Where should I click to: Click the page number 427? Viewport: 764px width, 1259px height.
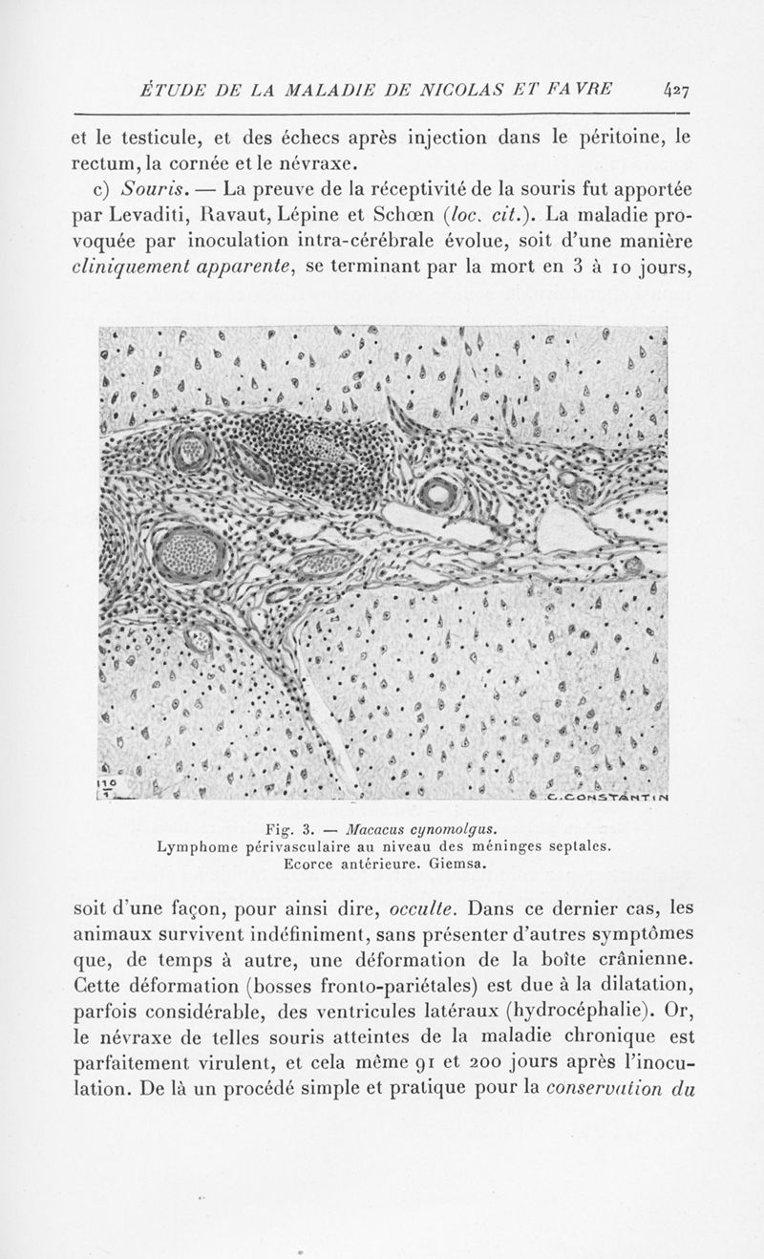pyautogui.click(x=679, y=91)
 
